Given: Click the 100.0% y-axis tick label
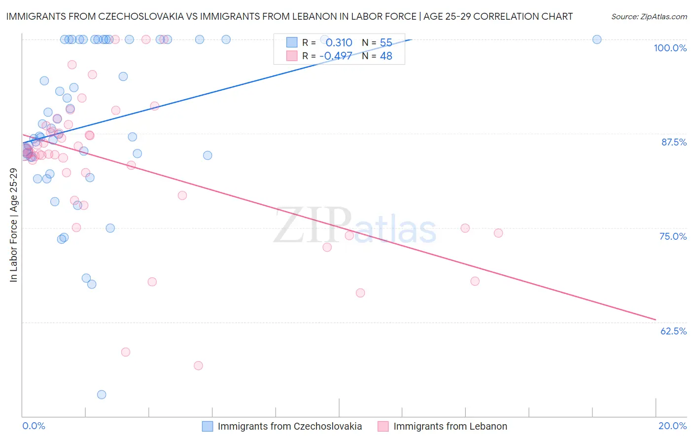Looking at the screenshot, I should point(670,48).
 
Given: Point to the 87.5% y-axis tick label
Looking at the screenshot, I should point(674,142).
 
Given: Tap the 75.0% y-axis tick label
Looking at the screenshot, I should point(673,236).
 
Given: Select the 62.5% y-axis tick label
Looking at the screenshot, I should point(673,331).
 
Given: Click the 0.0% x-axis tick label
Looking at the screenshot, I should point(34,426).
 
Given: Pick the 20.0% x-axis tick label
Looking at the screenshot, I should point(672,426).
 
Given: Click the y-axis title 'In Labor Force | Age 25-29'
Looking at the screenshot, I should point(13,225).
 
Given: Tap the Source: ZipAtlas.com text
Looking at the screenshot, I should point(649,17).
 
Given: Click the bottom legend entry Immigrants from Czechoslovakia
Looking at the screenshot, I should point(289,426).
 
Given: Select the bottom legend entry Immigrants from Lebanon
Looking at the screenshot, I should point(450,426).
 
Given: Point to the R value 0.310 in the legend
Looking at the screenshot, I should point(339,43).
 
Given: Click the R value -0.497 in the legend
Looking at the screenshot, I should point(336,56).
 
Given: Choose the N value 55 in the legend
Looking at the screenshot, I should point(386,43).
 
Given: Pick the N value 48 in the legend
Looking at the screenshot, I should point(386,56).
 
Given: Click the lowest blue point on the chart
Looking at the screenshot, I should point(102,395).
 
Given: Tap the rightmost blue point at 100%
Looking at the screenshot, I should point(597,39).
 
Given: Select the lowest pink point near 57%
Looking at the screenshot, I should point(198,366).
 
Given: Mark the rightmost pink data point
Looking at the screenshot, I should point(498,233).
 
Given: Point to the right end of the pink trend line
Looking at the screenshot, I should point(656,320).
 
